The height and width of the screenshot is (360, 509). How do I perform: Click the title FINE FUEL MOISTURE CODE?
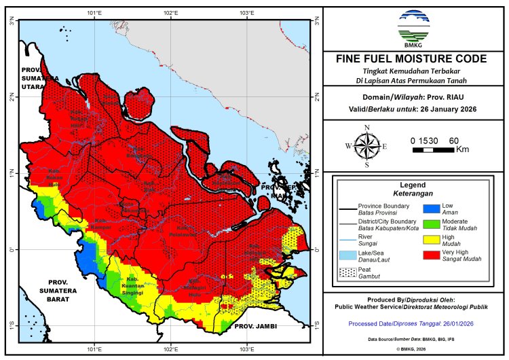click(412, 59)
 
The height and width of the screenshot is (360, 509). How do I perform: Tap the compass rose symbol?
click(367, 145)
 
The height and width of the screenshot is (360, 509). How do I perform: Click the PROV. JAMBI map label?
click(252, 327)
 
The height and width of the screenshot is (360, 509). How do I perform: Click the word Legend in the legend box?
click(412, 184)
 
